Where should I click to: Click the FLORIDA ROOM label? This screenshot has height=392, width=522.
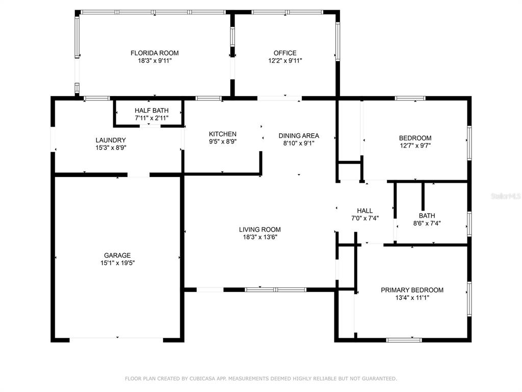click(x=154, y=53)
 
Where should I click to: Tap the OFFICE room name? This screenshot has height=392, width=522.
click(x=285, y=53)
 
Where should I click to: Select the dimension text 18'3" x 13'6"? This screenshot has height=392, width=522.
click(x=260, y=237)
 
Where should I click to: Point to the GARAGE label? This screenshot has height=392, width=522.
click(x=117, y=255)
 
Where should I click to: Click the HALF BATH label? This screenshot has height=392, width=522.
click(x=151, y=110)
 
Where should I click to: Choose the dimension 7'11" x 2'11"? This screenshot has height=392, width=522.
click(x=151, y=118)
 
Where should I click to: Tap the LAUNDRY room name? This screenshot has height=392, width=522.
click(x=111, y=140)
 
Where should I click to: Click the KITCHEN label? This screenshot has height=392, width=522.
click(x=223, y=134)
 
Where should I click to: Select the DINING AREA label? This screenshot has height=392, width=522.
click(x=299, y=136)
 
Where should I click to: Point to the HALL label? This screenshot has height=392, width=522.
click(x=365, y=211)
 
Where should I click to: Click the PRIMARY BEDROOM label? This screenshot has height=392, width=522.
click(x=412, y=290)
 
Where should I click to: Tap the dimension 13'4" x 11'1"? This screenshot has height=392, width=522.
click(x=412, y=298)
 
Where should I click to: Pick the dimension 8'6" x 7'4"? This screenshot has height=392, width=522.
click(x=427, y=224)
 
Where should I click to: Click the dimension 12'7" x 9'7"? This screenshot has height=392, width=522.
click(x=415, y=145)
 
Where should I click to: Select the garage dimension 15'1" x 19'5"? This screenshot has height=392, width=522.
click(x=118, y=263)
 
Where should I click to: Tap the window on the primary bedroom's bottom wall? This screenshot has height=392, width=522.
click(x=404, y=340)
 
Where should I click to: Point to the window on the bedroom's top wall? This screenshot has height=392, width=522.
click(x=410, y=99)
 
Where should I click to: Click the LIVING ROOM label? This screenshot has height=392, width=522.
click(x=260, y=229)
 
